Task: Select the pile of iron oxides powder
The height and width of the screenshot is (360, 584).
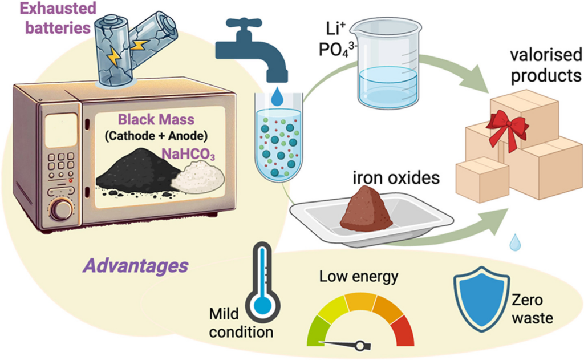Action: pos(366,211)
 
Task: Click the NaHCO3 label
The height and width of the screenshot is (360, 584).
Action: pos(188,154)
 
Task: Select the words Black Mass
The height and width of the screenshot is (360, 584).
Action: pos(156,120)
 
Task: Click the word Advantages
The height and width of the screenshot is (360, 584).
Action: pos(136,266)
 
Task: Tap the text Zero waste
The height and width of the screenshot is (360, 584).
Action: pos(532,309)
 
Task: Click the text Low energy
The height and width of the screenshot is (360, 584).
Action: pos(359,277)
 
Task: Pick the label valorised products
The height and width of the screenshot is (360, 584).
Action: pos(546,66)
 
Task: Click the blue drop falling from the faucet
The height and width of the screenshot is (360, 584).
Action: pos(277,96)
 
